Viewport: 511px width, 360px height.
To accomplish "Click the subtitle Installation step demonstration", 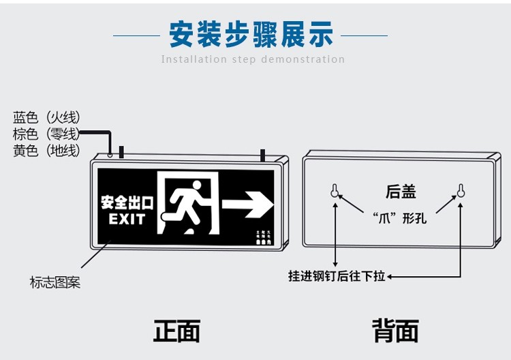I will (x=253, y=59).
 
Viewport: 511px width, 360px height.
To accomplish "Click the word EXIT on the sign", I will (x=127, y=220).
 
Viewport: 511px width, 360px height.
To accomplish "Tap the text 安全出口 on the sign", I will (x=127, y=203).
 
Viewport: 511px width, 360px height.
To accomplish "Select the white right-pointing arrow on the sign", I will (x=247, y=202).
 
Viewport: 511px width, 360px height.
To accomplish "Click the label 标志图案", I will (x=55, y=282).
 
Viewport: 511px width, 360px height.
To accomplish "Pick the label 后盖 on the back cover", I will (x=401, y=192).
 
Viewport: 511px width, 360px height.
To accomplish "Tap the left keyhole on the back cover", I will (x=335, y=190).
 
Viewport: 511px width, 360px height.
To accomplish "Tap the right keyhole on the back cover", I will (x=461, y=190).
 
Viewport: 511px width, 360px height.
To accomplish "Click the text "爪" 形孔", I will (x=400, y=219).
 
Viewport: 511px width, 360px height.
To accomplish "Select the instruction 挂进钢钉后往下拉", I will (x=337, y=276).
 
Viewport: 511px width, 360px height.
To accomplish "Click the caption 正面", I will (x=176, y=331).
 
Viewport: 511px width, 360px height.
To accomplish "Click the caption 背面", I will (x=395, y=331).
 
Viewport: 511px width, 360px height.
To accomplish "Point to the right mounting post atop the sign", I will (x=262, y=155).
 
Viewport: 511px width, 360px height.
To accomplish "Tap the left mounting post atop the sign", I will (x=121, y=151).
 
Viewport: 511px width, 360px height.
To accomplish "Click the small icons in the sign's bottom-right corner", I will (x=264, y=237).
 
